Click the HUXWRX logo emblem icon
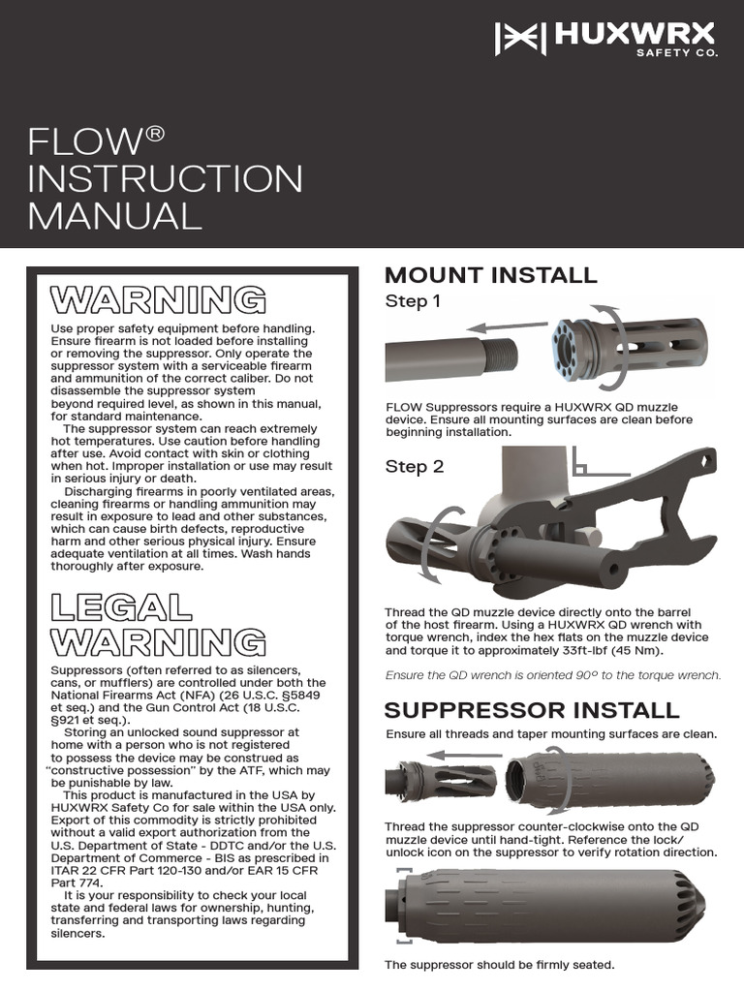tap(520, 38)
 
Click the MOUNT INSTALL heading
tap(491, 274)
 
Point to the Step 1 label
tap(413, 301)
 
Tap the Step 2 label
tap(415, 466)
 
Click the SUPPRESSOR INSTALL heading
tap(532, 710)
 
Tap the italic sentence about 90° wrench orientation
tap(552, 675)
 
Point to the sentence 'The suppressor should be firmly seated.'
tap(499, 965)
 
